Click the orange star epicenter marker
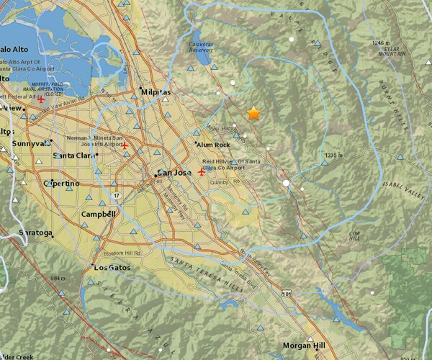coord(253,113)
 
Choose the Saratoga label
coord(35,233)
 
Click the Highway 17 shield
coord(115,195)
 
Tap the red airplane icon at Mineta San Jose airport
coord(125,146)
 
